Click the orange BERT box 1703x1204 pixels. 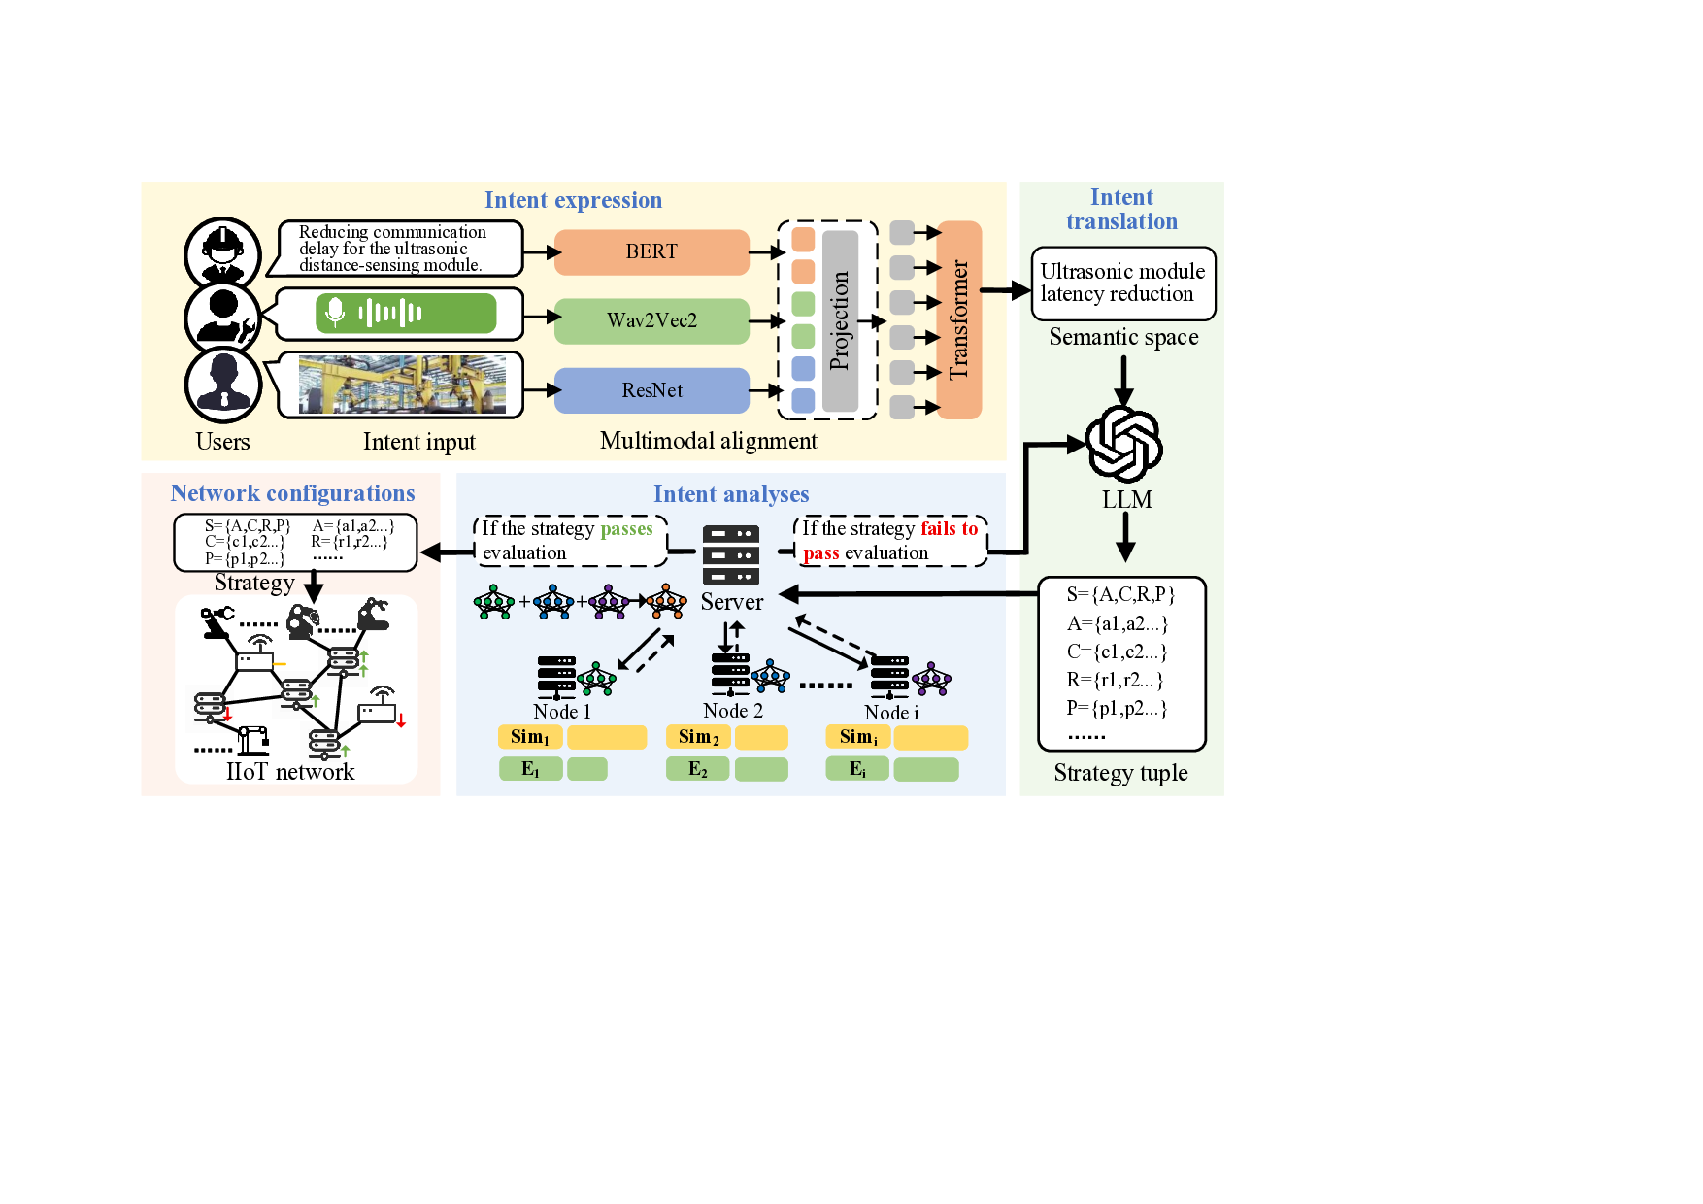pyautogui.click(x=651, y=252)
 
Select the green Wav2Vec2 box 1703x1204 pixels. pyautogui.click(x=651, y=321)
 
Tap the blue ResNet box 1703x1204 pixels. pyautogui.click(x=651, y=390)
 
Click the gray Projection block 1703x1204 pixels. pyautogui.click(x=840, y=320)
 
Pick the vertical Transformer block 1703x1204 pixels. pyautogui.click(x=958, y=320)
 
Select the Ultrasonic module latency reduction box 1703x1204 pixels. pyautogui.click(x=1122, y=284)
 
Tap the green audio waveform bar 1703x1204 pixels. pyautogui.click(x=406, y=314)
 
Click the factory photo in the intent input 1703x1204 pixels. pyautogui.click(x=402, y=385)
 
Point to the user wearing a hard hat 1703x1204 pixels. pyautogui.click(x=223, y=251)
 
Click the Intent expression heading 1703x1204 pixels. pyautogui.click(x=573, y=200)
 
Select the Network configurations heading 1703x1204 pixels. pyautogui.click(x=292, y=493)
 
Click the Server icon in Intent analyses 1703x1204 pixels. pyautogui.click(x=731, y=555)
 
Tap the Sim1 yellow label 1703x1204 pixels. pyautogui.click(x=530, y=737)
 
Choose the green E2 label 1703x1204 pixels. pyautogui.click(x=698, y=769)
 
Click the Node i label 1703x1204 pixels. pyautogui.click(x=891, y=713)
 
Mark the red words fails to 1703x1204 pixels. pyautogui.click(x=949, y=529)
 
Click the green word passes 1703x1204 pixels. pyautogui.click(x=626, y=529)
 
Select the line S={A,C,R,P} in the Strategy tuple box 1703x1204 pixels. pyautogui.click(x=1120, y=594)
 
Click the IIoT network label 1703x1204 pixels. pyautogui.click(x=290, y=772)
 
